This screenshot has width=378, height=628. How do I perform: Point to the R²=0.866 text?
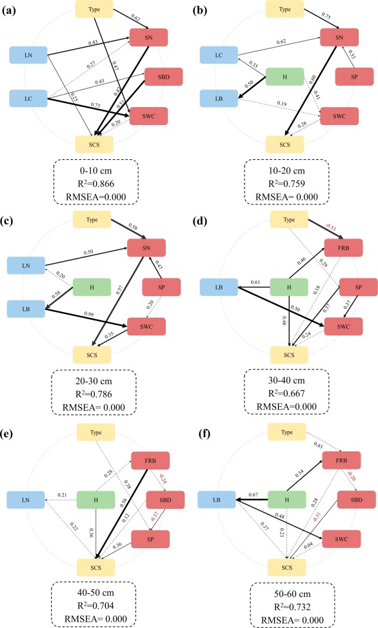coord(94,184)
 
